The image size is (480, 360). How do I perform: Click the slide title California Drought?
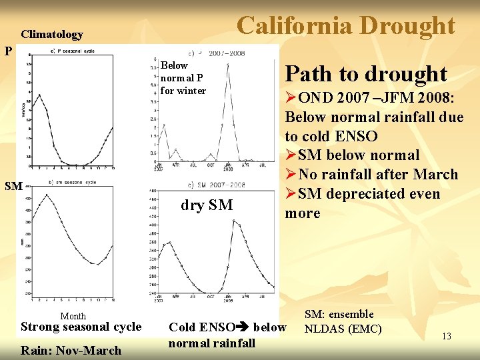(x=346, y=25)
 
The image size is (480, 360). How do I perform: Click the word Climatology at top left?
(x=52, y=35)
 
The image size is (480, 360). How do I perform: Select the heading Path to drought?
(x=366, y=73)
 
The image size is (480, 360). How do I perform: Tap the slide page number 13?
(x=446, y=337)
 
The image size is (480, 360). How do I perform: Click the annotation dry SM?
(x=207, y=205)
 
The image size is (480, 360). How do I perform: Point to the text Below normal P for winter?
(x=183, y=78)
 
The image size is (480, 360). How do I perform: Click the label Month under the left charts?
(x=73, y=316)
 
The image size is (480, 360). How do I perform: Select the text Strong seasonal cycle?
(x=81, y=327)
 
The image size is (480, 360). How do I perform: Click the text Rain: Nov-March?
(x=71, y=350)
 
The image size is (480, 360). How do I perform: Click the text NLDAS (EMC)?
(x=343, y=329)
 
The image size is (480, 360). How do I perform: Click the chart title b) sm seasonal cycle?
(x=73, y=182)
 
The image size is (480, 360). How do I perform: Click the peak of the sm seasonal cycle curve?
(x=47, y=195)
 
